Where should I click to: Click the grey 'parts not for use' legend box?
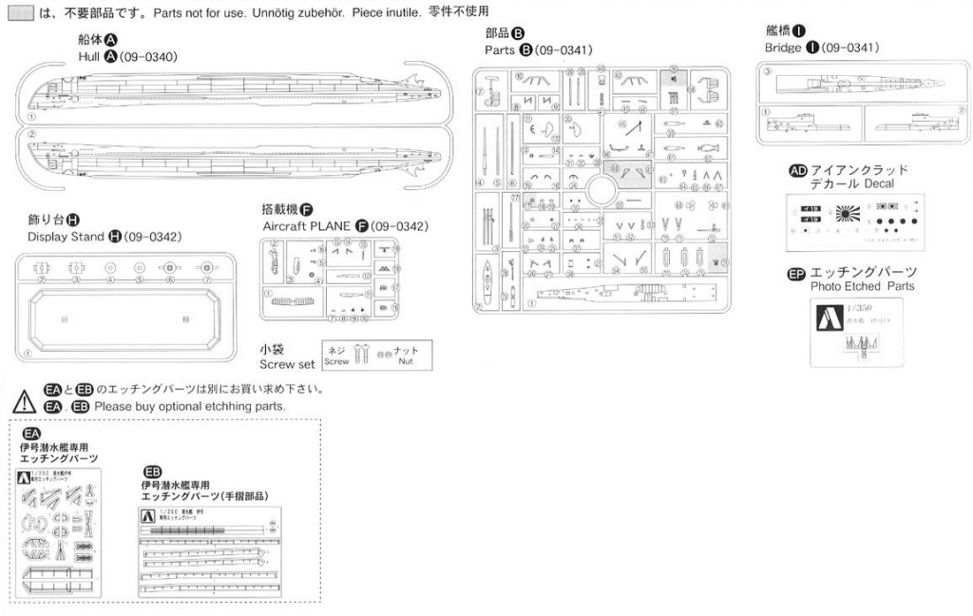click(19, 14)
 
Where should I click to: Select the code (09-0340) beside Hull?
click(148, 56)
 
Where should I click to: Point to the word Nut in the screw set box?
click(406, 362)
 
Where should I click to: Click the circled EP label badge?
click(797, 274)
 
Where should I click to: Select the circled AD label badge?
click(798, 170)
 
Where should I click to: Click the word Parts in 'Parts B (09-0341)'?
click(500, 49)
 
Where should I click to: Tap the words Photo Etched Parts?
click(863, 285)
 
